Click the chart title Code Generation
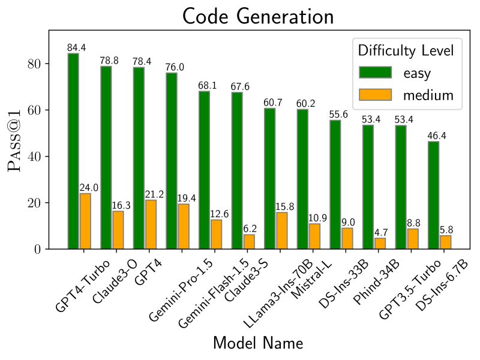coord(258,16)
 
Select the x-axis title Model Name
coord(258,343)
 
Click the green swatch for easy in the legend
coord(375,73)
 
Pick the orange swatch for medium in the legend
coord(375,95)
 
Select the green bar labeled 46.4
coord(433,195)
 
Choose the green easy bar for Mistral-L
coord(302,179)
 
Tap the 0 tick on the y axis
coord(37,249)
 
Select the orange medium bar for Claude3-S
coord(248,241)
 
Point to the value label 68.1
coord(207,86)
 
